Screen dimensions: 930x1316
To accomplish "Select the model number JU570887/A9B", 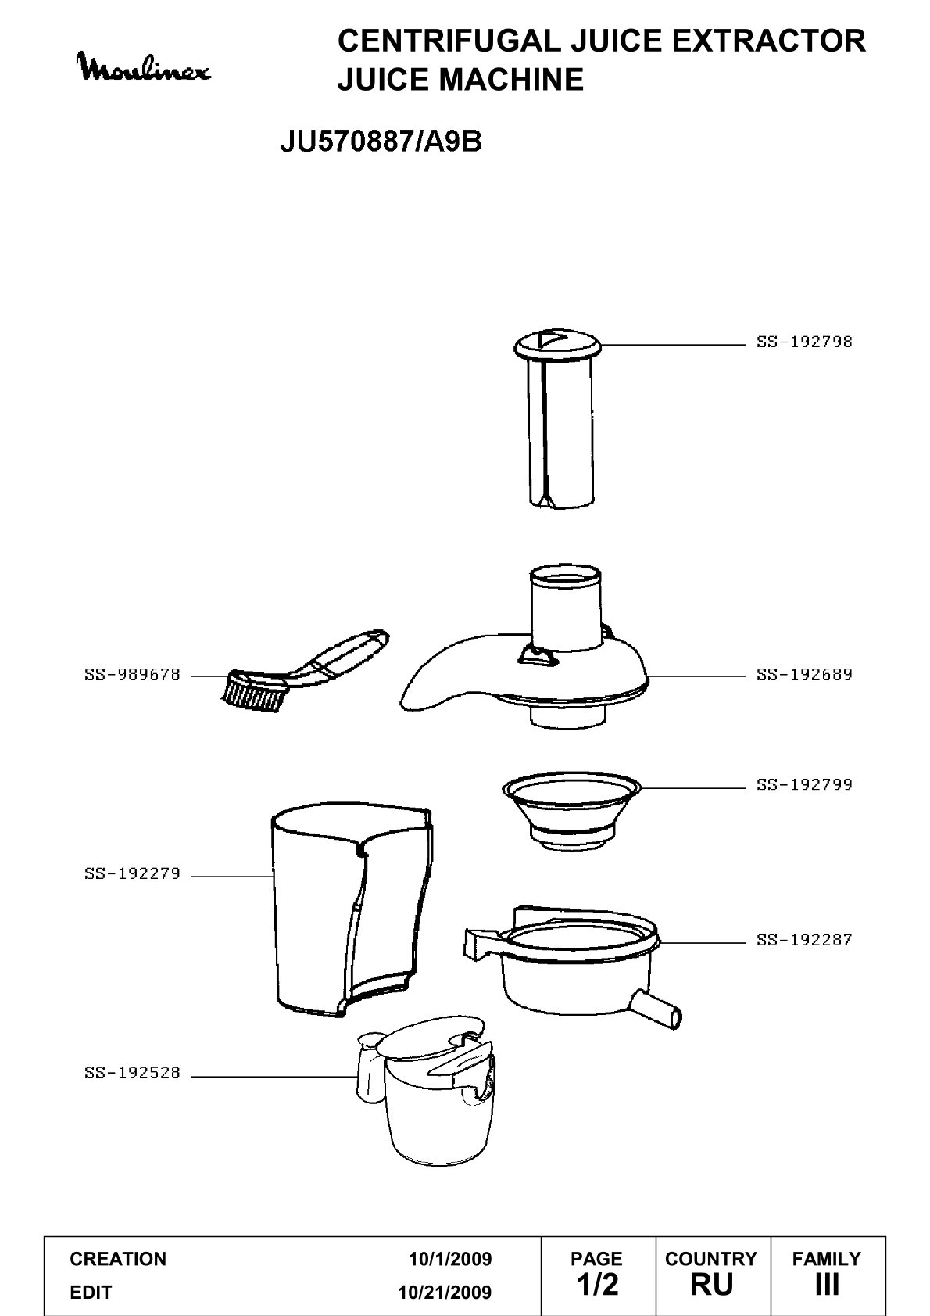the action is pos(381,141).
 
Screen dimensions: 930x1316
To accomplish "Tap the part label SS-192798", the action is pos(803,342).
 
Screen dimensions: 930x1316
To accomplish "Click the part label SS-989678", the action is pos(132,675).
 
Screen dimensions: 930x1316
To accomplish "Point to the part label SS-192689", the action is pos(803,675).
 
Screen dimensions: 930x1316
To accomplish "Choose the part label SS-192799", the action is pos(803,784).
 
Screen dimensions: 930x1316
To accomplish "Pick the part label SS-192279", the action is pos(132,873).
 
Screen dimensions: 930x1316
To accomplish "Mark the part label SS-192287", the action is pos(803,940).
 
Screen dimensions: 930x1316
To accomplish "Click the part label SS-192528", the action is pos(132,1073).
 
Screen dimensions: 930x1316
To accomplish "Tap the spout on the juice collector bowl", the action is pos(658,1011).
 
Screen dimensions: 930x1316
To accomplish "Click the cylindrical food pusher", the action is pos(558,418).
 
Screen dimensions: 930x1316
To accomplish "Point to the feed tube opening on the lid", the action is pos(565,576).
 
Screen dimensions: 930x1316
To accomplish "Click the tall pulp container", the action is pos(352,910).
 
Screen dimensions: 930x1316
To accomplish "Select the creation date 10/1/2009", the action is pos(450,1259).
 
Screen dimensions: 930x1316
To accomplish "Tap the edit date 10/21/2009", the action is pos(445,1293).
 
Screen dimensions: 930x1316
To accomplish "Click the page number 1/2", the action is pos(598,1285).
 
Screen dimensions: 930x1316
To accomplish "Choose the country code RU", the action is pos(712,1285).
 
